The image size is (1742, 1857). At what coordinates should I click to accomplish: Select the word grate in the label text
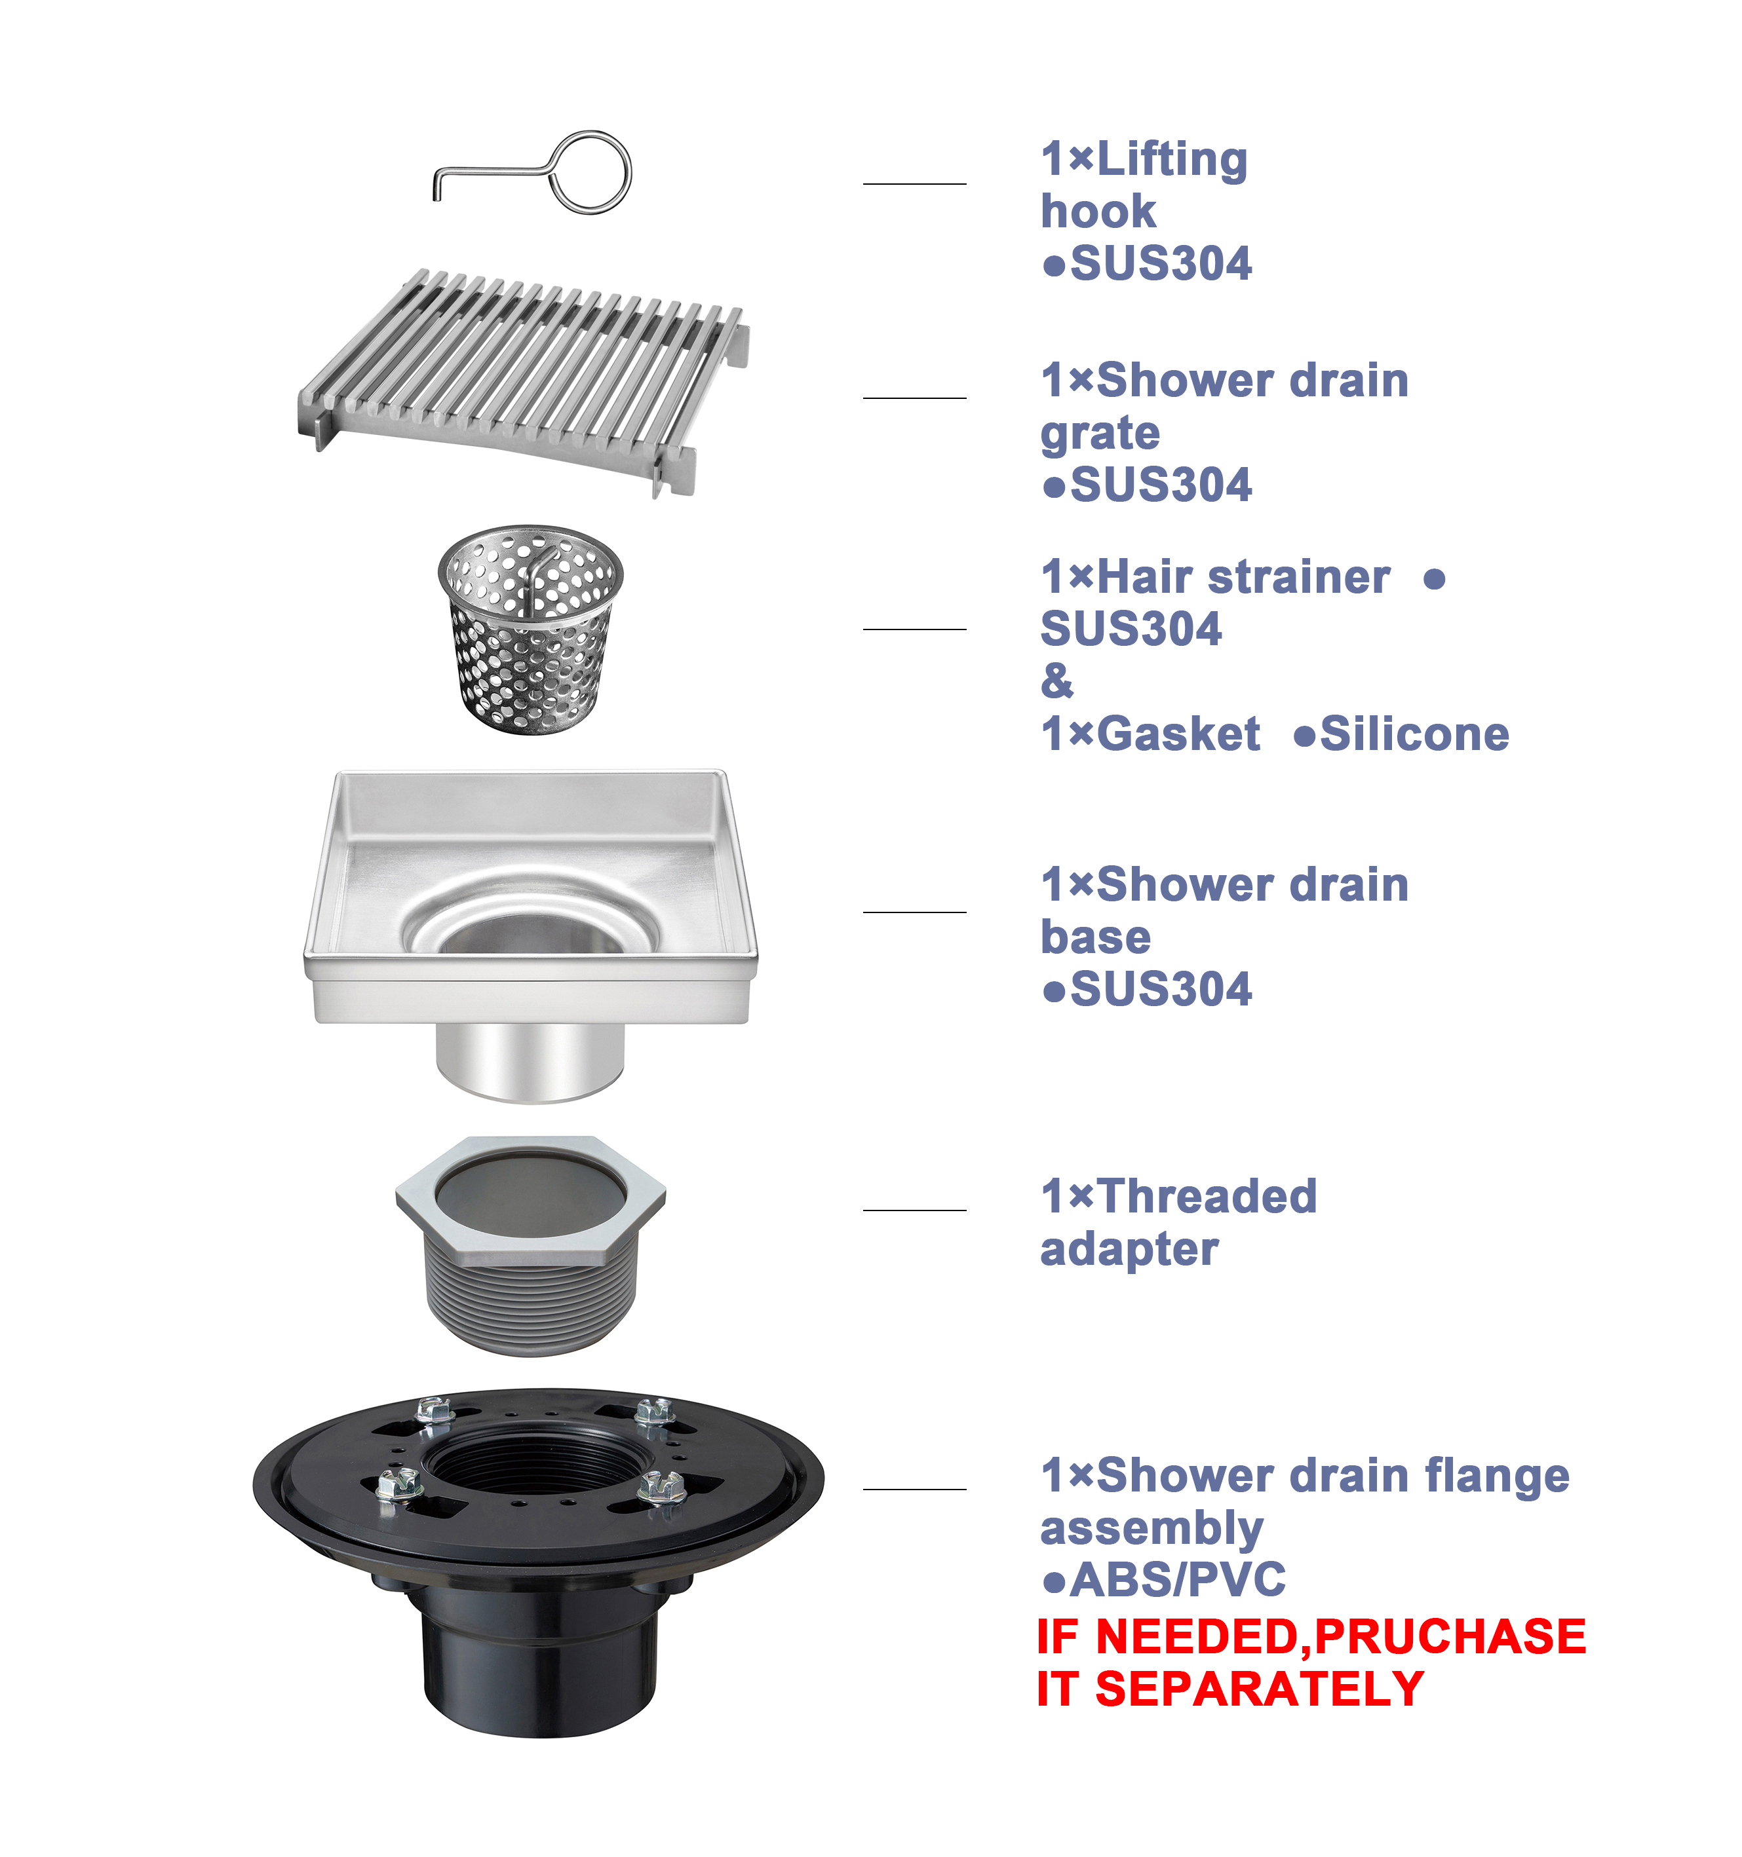(1100, 434)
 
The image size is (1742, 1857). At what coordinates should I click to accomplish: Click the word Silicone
(1414, 734)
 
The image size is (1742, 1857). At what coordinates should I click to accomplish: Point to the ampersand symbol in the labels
(1057, 681)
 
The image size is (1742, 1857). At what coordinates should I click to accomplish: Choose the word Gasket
(1178, 734)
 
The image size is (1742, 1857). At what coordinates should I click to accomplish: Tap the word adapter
(1129, 1250)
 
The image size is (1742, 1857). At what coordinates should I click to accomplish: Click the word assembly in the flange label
(1152, 1529)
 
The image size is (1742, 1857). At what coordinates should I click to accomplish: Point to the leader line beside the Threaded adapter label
(914, 1210)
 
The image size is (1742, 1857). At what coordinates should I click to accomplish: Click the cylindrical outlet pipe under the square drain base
(530, 1063)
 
